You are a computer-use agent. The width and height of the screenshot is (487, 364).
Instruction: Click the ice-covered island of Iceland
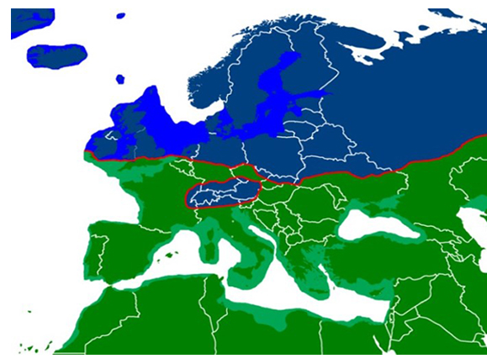click(x=56, y=55)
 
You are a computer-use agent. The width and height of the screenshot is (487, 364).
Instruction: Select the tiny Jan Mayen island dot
click(x=120, y=16)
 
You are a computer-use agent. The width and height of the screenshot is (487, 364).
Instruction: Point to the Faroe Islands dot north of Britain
click(x=119, y=79)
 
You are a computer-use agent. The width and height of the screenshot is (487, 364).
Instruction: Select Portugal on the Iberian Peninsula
click(x=95, y=252)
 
